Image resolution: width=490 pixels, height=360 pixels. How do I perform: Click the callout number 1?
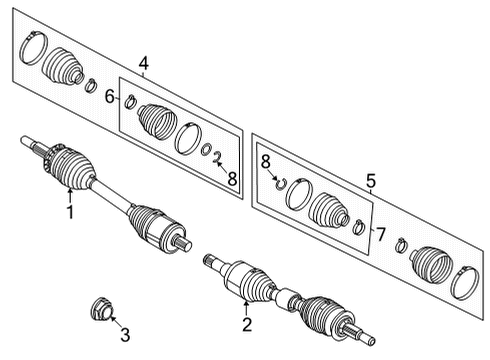point(70,211)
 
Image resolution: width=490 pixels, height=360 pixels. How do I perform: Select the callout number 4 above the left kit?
point(144,65)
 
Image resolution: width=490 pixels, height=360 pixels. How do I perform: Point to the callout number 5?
point(371,181)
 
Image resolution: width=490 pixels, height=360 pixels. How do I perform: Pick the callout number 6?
point(111,97)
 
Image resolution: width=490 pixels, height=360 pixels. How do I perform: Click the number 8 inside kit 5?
point(265,160)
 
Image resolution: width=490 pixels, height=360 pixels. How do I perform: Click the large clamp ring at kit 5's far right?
point(464,281)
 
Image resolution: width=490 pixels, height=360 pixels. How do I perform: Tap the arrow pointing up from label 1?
point(70,190)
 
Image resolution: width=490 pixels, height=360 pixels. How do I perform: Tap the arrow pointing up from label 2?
point(246,301)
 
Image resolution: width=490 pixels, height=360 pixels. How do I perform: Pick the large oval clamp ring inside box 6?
point(187,138)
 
